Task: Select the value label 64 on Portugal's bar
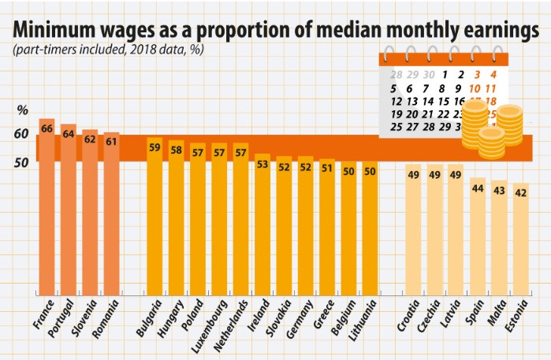(69, 135)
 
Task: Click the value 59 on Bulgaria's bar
(155, 147)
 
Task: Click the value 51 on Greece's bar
(326, 168)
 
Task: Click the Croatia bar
(413, 228)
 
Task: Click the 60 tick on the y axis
(21, 135)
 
